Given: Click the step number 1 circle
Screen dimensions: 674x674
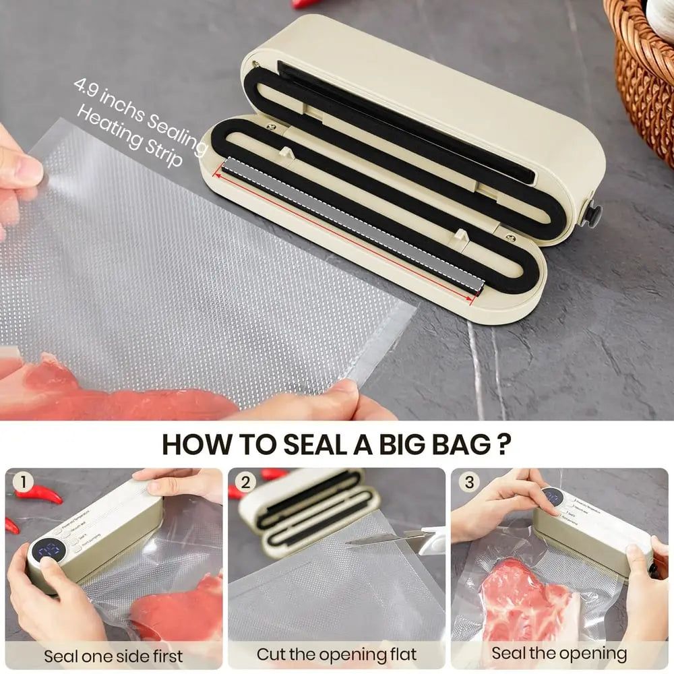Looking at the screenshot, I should (24, 483).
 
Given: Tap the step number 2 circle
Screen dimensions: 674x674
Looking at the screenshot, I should (246, 483).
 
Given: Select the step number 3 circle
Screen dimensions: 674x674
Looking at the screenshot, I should (468, 483).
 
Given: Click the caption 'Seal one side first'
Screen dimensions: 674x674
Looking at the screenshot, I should (113, 655).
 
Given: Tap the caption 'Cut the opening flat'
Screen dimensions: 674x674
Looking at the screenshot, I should (337, 654).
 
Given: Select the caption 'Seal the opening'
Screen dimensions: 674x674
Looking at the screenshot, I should (559, 653).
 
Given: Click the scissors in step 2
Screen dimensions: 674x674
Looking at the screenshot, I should (404, 539).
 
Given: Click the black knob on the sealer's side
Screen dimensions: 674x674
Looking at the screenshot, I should (594, 214).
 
